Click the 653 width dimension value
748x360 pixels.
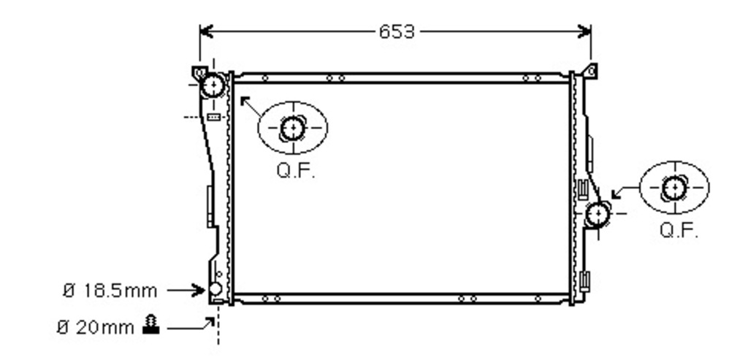coord(397,32)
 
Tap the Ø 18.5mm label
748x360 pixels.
coord(110,291)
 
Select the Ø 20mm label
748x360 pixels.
coord(96,328)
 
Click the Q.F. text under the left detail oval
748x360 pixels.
coord(296,171)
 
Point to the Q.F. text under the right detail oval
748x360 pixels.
coord(679,231)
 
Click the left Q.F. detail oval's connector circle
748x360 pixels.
coord(292,129)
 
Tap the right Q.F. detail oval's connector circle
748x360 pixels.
coord(674,188)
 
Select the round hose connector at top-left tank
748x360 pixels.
coord(213,86)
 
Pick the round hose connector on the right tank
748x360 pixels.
coord(598,214)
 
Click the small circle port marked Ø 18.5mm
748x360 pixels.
coord(215,288)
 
